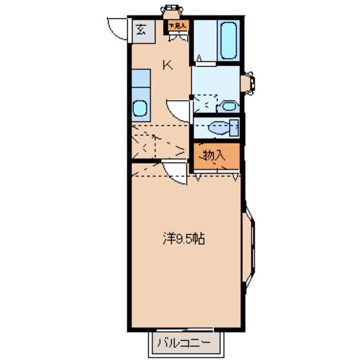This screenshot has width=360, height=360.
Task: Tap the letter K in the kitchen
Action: coord(167,64)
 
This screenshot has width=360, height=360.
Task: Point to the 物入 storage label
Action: coord(212,154)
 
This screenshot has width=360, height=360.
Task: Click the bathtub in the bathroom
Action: coord(228,40)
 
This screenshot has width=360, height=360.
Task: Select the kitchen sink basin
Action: coord(140,108)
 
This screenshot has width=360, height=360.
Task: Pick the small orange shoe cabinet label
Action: coord(177,26)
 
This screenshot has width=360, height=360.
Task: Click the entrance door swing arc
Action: coord(118,30)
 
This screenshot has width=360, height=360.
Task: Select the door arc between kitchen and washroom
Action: coord(178,110)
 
